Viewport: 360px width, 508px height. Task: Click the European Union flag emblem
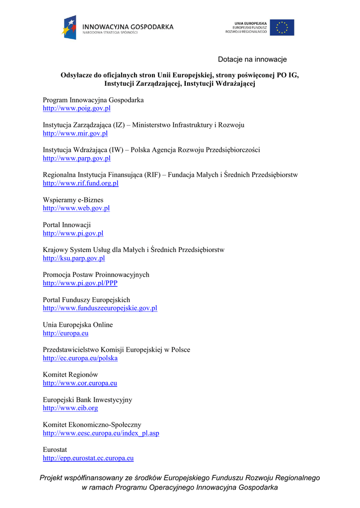(x=282, y=27)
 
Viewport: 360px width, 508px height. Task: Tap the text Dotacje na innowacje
(x=252, y=60)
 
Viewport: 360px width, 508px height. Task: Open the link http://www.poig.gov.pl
(x=76, y=108)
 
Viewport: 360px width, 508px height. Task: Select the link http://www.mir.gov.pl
(x=75, y=133)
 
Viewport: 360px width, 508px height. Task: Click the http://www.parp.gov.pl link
(x=76, y=158)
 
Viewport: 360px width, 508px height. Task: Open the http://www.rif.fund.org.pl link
(x=80, y=183)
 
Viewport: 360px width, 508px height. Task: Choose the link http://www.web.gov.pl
(x=76, y=208)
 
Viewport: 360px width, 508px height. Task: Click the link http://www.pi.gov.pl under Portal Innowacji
(x=73, y=233)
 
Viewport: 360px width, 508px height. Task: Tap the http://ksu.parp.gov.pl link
(x=73, y=258)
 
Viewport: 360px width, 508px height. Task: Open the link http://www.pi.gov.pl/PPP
(x=80, y=283)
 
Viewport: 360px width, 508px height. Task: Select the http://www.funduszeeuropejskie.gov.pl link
(x=100, y=308)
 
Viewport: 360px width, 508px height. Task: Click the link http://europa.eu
(x=66, y=333)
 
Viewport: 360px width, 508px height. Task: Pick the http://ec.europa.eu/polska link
(x=80, y=358)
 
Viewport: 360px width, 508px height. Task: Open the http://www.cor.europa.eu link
(x=80, y=383)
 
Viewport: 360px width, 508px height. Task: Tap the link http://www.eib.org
(x=70, y=408)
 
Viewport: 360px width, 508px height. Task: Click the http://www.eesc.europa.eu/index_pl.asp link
(x=101, y=433)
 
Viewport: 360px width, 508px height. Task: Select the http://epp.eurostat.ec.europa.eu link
(x=88, y=458)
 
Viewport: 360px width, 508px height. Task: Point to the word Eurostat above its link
(x=55, y=449)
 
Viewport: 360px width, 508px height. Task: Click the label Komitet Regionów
(x=71, y=375)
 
